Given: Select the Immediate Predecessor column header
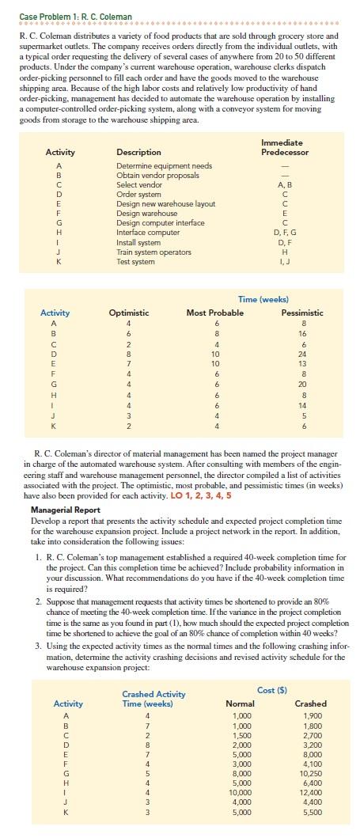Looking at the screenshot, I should (x=284, y=146).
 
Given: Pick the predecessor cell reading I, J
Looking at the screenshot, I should (x=284, y=261).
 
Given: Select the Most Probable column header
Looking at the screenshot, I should (x=215, y=313).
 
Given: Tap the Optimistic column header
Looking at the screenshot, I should (x=128, y=313).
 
